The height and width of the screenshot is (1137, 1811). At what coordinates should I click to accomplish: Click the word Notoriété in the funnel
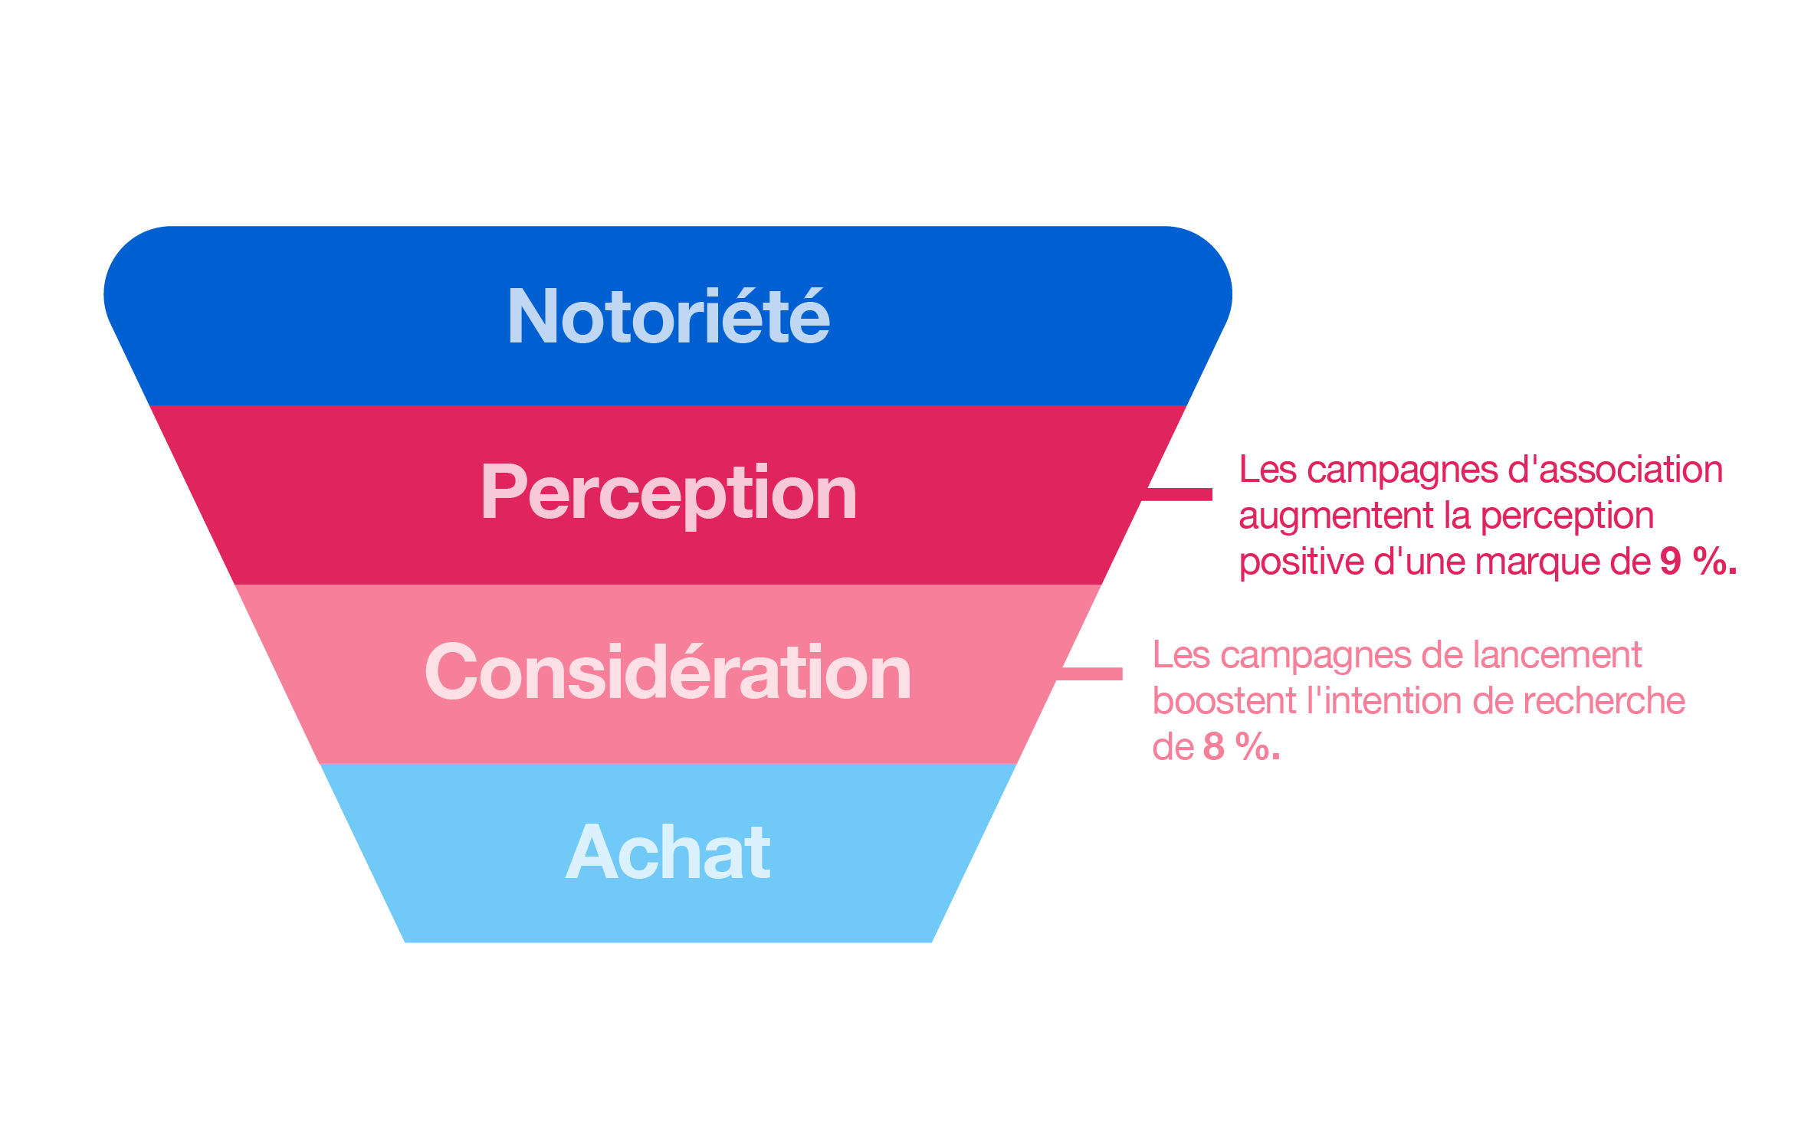click(668, 316)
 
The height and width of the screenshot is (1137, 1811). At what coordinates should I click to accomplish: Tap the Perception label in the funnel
click(668, 495)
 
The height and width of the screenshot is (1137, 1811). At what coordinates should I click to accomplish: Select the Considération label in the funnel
click(668, 672)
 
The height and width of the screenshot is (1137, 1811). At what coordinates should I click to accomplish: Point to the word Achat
click(668, 851)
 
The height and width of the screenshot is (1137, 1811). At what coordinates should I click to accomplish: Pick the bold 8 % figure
click(1242, 746)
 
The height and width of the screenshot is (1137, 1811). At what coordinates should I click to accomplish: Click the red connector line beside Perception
click(1176, 494)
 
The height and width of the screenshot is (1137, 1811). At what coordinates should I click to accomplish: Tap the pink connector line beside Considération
click(1088, 673)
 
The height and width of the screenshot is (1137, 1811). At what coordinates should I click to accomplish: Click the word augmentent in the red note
click(1336, 516)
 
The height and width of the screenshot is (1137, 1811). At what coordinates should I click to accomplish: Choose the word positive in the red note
click(1301, 562)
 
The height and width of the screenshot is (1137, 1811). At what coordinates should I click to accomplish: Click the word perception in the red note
click(1567, 517)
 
